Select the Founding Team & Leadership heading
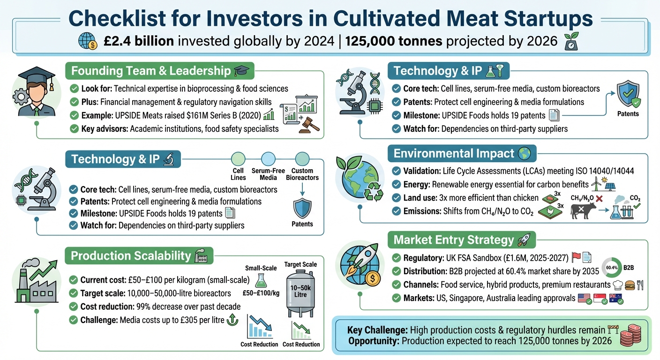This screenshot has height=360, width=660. click(151, 71)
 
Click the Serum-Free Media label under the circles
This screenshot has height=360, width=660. click(268, 174)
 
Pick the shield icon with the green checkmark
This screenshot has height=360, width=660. click(628, 95)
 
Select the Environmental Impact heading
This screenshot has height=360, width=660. click(453, 153)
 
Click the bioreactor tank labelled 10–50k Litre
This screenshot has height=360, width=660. click(300, 293)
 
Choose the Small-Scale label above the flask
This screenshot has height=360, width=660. click(261, 268)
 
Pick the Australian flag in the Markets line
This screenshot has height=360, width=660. click(615, 297)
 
